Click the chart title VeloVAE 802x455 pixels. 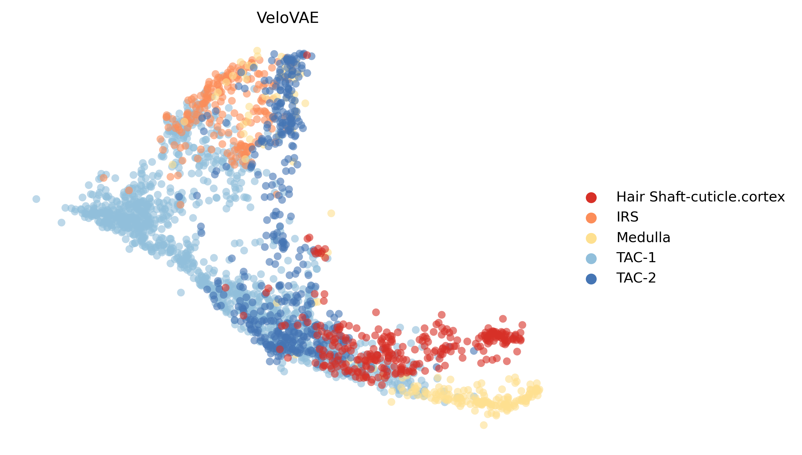tap(287, 18)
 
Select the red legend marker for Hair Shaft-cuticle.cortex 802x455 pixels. tap(591, 198)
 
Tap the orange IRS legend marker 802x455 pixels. tap(591, 218)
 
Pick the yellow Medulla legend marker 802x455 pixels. tap(591, 238)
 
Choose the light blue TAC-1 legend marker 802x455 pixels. tap(591, 258)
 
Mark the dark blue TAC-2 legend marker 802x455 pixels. tap(591, 278)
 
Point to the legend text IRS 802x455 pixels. tap(627, 217)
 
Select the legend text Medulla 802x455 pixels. tap(643, 237)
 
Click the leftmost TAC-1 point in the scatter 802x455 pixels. tap(36, 199)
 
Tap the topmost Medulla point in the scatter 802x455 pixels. tap(257, 51)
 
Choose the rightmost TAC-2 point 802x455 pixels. tap(474, 351)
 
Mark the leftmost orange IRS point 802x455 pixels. tap(103, 178)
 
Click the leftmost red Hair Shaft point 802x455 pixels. tap(225, 288)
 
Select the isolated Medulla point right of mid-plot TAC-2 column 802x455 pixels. tap(331, 213)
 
